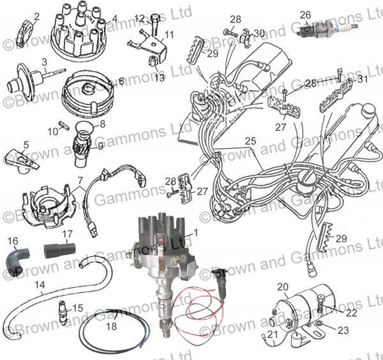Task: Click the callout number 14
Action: pos(40,285)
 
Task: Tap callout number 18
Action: pos(112,326)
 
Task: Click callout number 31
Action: pos(363,79)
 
